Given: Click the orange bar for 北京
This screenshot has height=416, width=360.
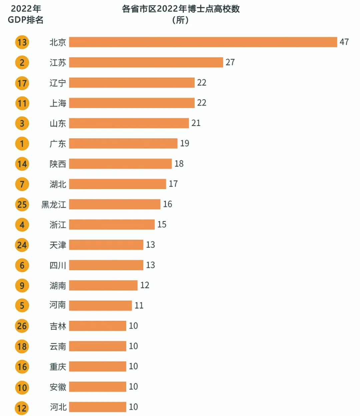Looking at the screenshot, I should coord(203,42).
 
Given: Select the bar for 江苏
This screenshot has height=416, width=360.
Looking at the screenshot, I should coord(146,62).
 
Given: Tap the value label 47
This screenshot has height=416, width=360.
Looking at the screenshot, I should coord(344,42).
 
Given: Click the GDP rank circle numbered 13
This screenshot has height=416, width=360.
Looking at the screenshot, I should coord(22,42).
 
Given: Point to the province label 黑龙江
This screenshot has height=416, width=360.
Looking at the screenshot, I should coord(54,204).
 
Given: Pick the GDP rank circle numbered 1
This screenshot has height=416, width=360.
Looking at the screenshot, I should coord(22,144).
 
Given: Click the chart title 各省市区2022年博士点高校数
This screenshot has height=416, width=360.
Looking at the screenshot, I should coord(181,9).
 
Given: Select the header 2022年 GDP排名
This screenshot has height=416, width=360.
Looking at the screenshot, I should coord(26,14).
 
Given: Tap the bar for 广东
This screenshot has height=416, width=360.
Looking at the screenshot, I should coord(123,144).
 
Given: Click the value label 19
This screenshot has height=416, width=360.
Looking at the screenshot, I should coord(185,143).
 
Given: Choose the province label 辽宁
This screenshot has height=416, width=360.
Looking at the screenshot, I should coord(58,83).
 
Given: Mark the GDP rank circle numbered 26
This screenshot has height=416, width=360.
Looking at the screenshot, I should coord(22,326).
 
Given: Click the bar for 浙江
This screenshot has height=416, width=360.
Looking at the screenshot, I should coord(112,225).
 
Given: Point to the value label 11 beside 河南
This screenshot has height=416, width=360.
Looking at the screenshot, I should coord(139,306).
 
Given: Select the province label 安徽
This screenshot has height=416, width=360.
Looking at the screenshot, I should coord(58,387).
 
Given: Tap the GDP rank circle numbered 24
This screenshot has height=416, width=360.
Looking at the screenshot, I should coord(22,245).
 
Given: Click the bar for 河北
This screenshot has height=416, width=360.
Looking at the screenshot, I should coord(97,407).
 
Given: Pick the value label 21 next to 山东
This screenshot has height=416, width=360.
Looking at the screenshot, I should coord(196,123).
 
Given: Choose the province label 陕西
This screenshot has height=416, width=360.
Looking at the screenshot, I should coord(58,164).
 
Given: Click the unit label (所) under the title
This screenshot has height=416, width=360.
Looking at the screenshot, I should coord(181,20).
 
